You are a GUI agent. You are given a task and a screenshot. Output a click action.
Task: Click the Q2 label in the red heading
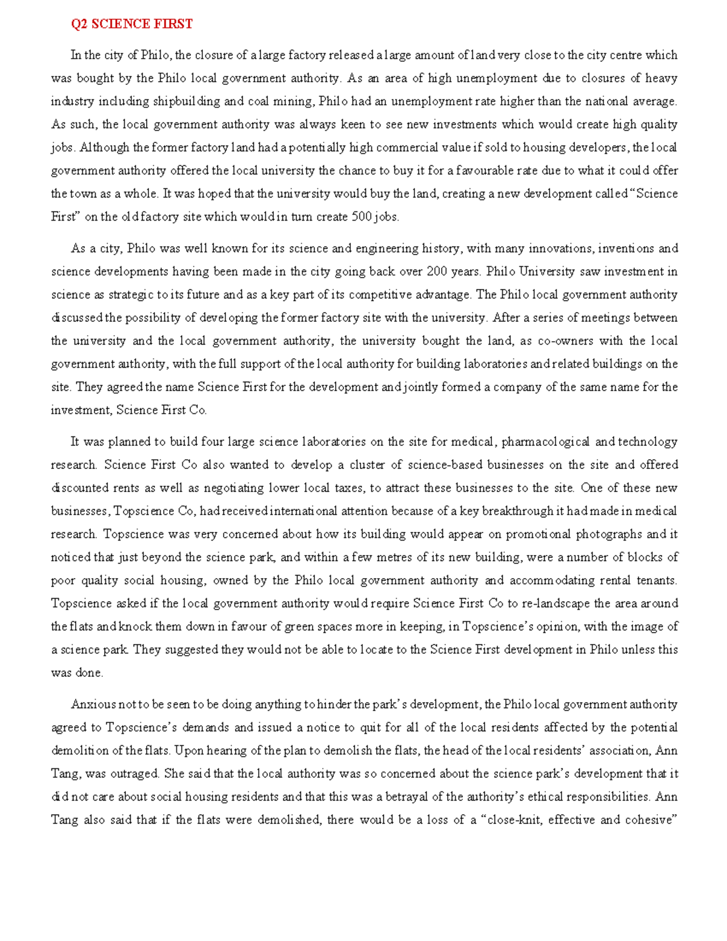(79, 24)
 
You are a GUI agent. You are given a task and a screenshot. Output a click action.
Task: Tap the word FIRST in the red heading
(173, 24)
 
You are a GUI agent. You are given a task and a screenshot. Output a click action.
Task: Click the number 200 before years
(437, 271)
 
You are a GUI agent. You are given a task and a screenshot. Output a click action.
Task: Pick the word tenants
(656, 580)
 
